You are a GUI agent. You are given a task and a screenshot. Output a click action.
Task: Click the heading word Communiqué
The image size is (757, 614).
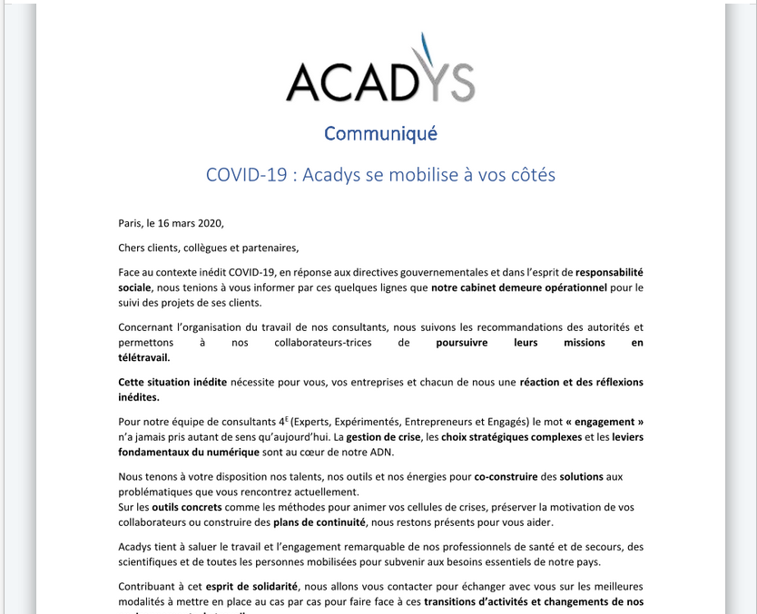pos(380,133)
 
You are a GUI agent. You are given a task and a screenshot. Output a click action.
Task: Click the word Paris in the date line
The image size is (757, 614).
pos(131,223)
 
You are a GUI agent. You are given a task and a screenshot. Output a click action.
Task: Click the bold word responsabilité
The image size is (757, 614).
pos(609,272)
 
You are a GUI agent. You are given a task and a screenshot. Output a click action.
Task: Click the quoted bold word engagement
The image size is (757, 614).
pos(608,422)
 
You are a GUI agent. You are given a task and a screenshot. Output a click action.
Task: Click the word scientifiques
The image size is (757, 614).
pos(152,561)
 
